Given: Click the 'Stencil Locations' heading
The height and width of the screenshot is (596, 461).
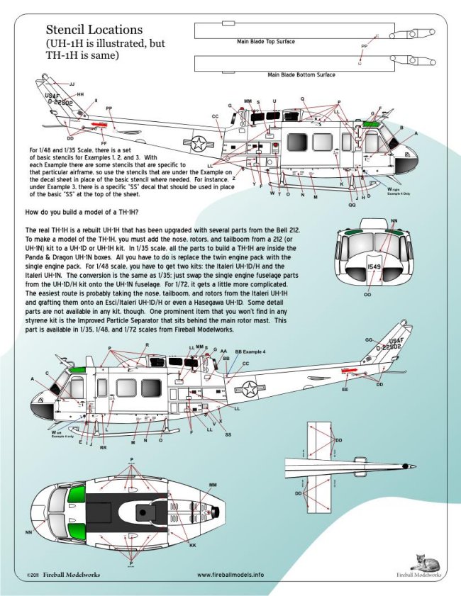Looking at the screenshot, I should tap(94, 30).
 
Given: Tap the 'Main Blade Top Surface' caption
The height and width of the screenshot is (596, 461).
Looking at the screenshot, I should tap(266, 42).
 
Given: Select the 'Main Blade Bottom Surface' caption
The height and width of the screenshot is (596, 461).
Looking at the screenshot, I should tap(301, 74).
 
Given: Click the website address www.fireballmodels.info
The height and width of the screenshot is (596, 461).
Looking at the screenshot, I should tap(230, 575).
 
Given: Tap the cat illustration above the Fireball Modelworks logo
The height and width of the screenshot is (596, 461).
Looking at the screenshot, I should tap(426, 562).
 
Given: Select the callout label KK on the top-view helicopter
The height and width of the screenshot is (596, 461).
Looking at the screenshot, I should tap(192, 546).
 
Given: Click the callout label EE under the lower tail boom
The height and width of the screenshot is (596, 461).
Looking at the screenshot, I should tap(345, 390).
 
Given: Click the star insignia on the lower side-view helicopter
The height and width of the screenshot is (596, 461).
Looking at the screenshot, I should tap(250, 388).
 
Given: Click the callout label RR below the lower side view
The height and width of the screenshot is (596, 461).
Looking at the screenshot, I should tap(104, 448).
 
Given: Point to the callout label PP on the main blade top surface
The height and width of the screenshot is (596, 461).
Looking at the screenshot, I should tap(365, 45).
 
